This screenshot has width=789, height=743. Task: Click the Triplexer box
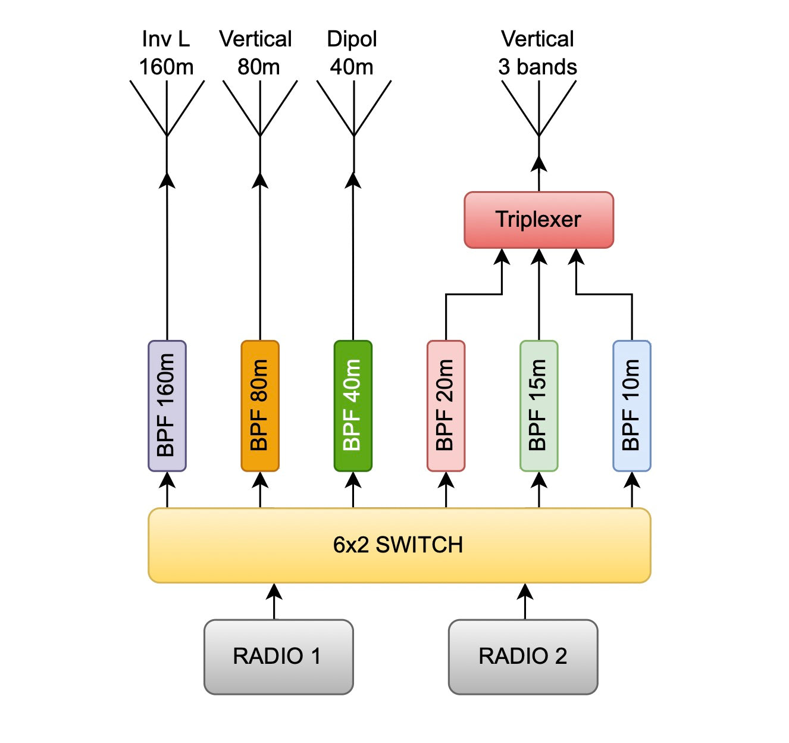(538, 220)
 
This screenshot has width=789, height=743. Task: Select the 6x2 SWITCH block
(399, 545)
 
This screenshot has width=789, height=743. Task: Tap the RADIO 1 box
(278, 657)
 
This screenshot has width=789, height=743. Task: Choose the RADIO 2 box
(523, 657)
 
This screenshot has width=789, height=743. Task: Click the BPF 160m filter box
(167, 405)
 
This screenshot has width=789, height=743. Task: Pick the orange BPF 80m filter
(260, 405)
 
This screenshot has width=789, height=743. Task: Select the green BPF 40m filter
(353, 405)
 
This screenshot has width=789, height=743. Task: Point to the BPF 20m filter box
(446, 405)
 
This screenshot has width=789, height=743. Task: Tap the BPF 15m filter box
(538, 405)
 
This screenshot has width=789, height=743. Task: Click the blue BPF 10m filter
(631, 405)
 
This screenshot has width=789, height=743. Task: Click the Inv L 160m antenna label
(166, 53)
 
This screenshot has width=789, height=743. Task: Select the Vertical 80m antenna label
(256, 53)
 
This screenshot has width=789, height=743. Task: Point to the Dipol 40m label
(352, 53)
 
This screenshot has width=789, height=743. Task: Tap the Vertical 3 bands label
(538, 53)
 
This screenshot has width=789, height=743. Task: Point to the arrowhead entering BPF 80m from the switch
(260, 480)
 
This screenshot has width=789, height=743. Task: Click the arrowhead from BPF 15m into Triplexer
(538, 257)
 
